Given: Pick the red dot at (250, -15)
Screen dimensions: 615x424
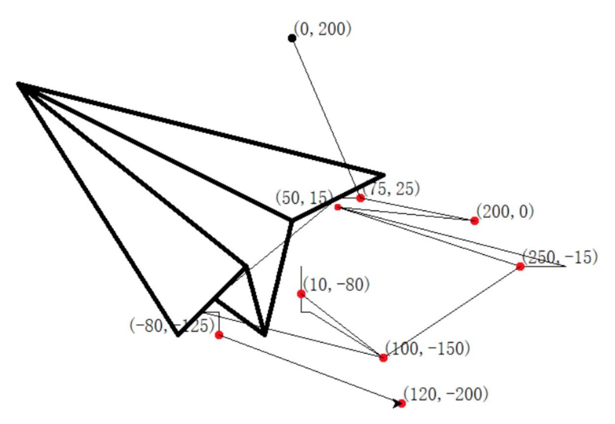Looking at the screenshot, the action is [520, 266].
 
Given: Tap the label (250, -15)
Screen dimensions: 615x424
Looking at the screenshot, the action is [560, 257].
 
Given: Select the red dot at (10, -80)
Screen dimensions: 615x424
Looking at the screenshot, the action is [301, 294].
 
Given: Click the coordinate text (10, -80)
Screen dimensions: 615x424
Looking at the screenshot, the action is [336, 284].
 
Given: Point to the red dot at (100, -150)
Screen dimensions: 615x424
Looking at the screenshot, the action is [383, 358].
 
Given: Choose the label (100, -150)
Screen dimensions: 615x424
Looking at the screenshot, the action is [427, 348].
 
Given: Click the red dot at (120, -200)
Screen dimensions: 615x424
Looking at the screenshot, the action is [402, 403].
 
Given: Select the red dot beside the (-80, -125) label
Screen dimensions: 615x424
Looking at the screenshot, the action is [219, 335].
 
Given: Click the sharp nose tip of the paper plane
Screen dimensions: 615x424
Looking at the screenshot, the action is [19, 84].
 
